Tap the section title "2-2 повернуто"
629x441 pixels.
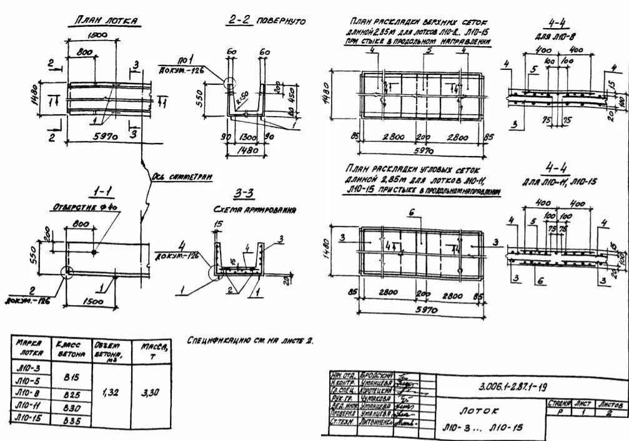(x=265, y=21)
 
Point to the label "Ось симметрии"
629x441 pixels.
(x=182, y=177)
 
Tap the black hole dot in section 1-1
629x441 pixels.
(x=94, y=251)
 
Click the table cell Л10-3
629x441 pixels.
(x=28, y=368)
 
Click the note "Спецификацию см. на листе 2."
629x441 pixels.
(x=250, y=341)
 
